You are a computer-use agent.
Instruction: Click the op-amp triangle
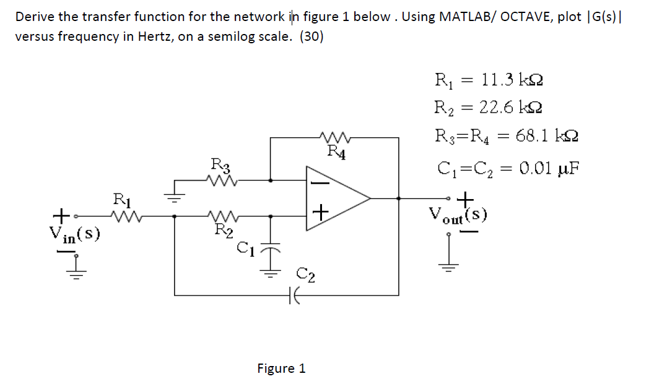[x=338, y=198]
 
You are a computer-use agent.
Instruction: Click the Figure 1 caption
[x=281, y=368]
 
